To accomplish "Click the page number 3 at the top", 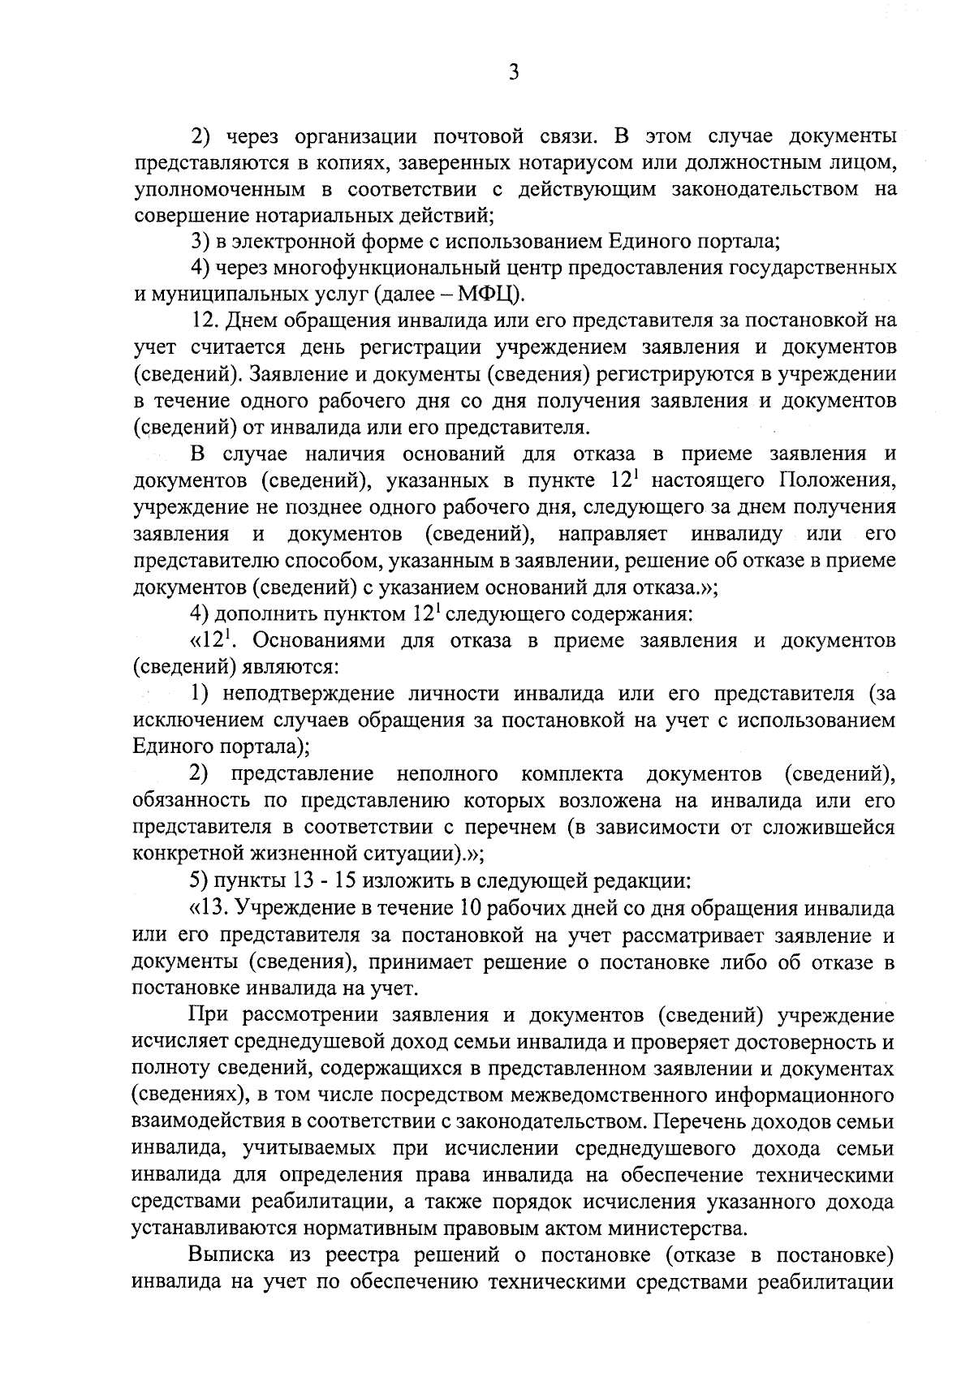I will tap(513, 73).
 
